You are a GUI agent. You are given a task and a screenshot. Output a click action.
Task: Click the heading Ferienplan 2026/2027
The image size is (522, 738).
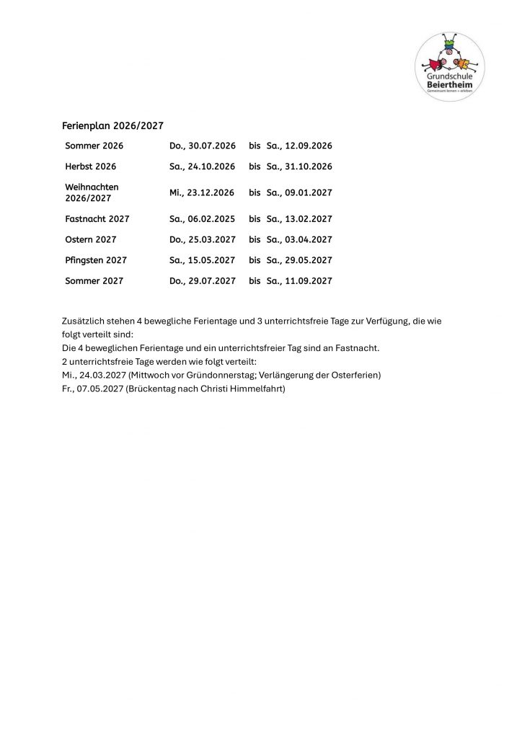pyautogui.click(x=113, y=126)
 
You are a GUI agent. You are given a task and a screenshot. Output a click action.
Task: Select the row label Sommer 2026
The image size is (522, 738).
pyautogui.click(x=94, y=146)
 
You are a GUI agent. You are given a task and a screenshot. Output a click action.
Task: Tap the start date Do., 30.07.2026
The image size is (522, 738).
pyautogui.click(x=203, y=146)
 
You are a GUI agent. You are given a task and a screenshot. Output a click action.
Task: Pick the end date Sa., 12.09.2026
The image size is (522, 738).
pyautogui.click(x=299, y=146)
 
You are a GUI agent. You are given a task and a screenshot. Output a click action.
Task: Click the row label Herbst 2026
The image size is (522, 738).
pyautogui.click(x=91, y=166)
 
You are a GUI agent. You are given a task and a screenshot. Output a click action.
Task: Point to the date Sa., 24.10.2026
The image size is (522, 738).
pyautogui.click(x=203, y=166)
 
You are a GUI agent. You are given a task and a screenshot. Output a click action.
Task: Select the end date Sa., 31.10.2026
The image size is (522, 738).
pyautogui.click(x=299, y=166)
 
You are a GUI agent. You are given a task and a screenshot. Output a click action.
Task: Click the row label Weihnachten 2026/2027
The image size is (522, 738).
pyautogui.click(x=92, y=192)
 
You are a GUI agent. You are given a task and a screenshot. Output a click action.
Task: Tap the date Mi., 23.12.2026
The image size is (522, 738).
pyautogui.click(x=203, y=192)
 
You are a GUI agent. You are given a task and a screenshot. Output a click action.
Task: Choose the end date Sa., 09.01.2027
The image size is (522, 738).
pyautogui.click(x=299, y=192)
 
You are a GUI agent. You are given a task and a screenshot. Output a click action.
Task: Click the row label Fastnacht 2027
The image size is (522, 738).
pyautogui.click(x=97, y=219)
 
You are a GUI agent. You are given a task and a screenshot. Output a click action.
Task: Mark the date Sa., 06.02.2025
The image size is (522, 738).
pyautogui.click(x=203, y=219)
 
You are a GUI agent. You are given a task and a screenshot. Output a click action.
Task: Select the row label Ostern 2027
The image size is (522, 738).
pyautogui.click(x=91, y=239)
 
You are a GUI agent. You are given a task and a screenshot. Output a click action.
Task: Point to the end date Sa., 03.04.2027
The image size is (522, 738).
pyautogui.click(x=299, y=239)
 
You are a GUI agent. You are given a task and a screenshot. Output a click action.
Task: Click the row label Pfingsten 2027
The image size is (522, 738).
pyautogui.click(x=96, y=260)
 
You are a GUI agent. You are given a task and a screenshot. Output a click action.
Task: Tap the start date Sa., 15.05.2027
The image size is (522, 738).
pyautogui.click(x=203, y=260)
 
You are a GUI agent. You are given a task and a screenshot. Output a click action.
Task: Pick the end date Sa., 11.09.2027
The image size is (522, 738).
pyautogui.click(x=299, y=281)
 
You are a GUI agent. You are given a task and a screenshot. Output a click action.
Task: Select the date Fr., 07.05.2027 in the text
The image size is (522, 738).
pyautogui.click(x=92, y=389)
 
